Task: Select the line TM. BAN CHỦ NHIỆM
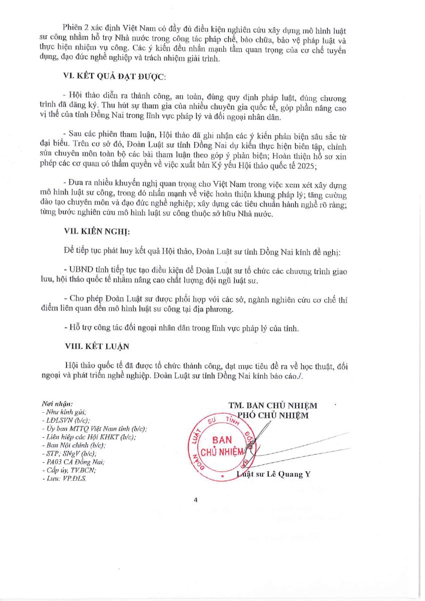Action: pos(272,405)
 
